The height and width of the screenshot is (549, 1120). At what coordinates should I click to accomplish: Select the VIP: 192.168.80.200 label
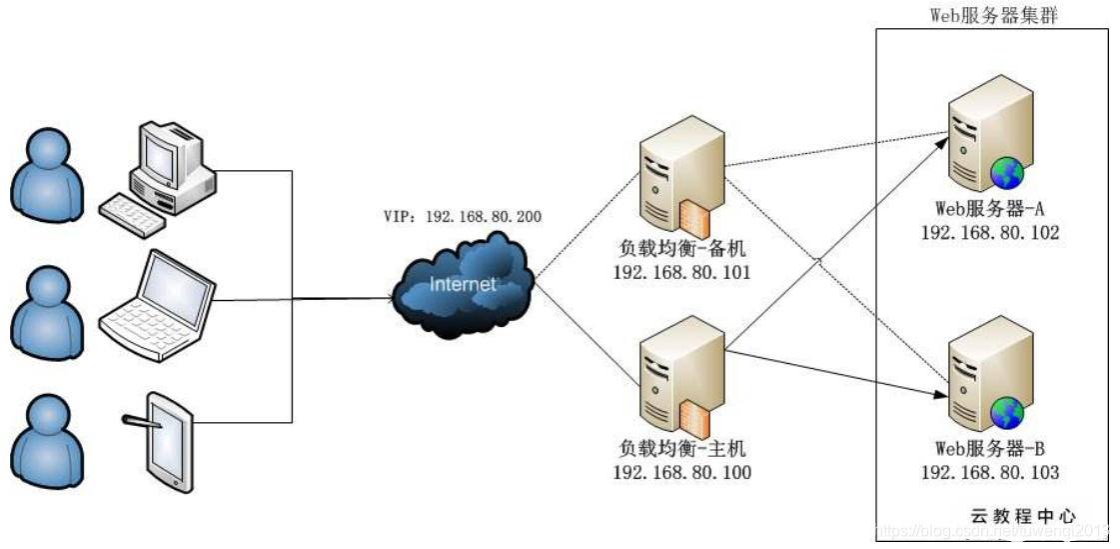pyautogui.click(x=464, y=215)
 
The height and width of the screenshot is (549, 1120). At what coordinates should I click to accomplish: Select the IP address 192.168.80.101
pyautogui.click(x=681, y=272)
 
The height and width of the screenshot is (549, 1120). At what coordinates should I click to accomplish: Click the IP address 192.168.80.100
pyautogui.click(x=681, y=472)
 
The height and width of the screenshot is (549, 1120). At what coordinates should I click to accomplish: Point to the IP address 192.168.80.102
pyautogui.click(x=989, y=232)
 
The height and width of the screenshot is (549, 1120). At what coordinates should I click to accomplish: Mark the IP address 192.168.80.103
pyautogui.click(x=989, y=472)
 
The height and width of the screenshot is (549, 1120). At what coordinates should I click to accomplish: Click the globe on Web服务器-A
pyautogui.click(x=1007, y=173)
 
